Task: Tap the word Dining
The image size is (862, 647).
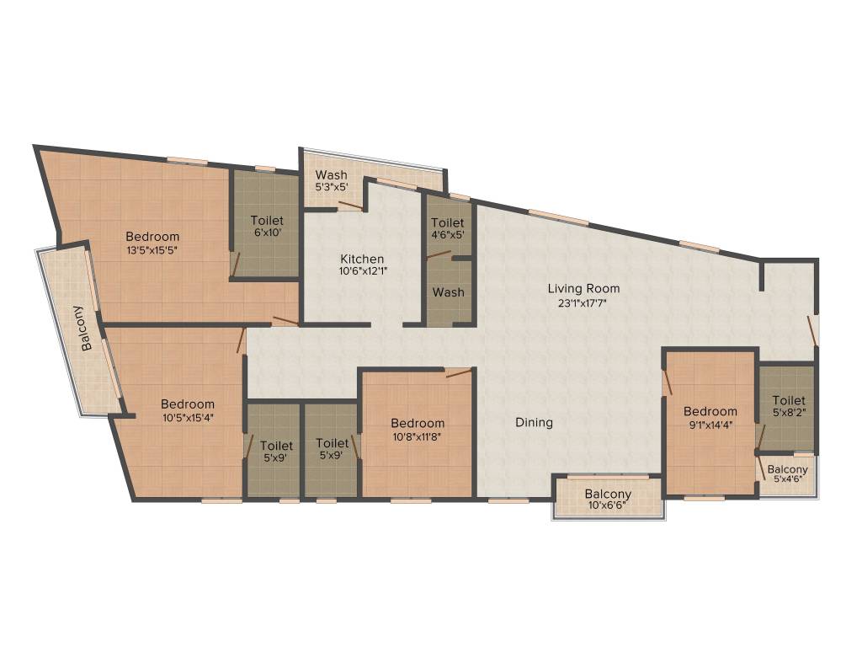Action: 535,422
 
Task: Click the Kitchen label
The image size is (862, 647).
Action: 362,259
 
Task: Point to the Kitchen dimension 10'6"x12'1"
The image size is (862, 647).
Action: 362,271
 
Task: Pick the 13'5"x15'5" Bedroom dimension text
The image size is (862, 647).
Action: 152,249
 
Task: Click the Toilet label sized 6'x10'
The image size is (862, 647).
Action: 267,221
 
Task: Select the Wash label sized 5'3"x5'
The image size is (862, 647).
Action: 331,175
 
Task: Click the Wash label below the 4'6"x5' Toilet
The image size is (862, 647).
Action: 449,292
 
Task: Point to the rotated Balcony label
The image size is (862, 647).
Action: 87,328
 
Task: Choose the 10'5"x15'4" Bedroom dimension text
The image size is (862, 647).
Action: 188,417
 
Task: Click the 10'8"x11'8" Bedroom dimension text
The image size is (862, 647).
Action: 417,436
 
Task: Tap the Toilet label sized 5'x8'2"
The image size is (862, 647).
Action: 789,400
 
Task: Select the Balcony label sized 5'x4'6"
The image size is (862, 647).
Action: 788,469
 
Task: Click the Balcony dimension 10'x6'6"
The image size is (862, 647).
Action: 608,506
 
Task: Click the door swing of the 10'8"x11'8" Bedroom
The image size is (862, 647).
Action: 458,372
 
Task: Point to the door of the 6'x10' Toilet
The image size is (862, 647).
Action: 236,265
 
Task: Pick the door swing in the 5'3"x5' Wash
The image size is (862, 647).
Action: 350,206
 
